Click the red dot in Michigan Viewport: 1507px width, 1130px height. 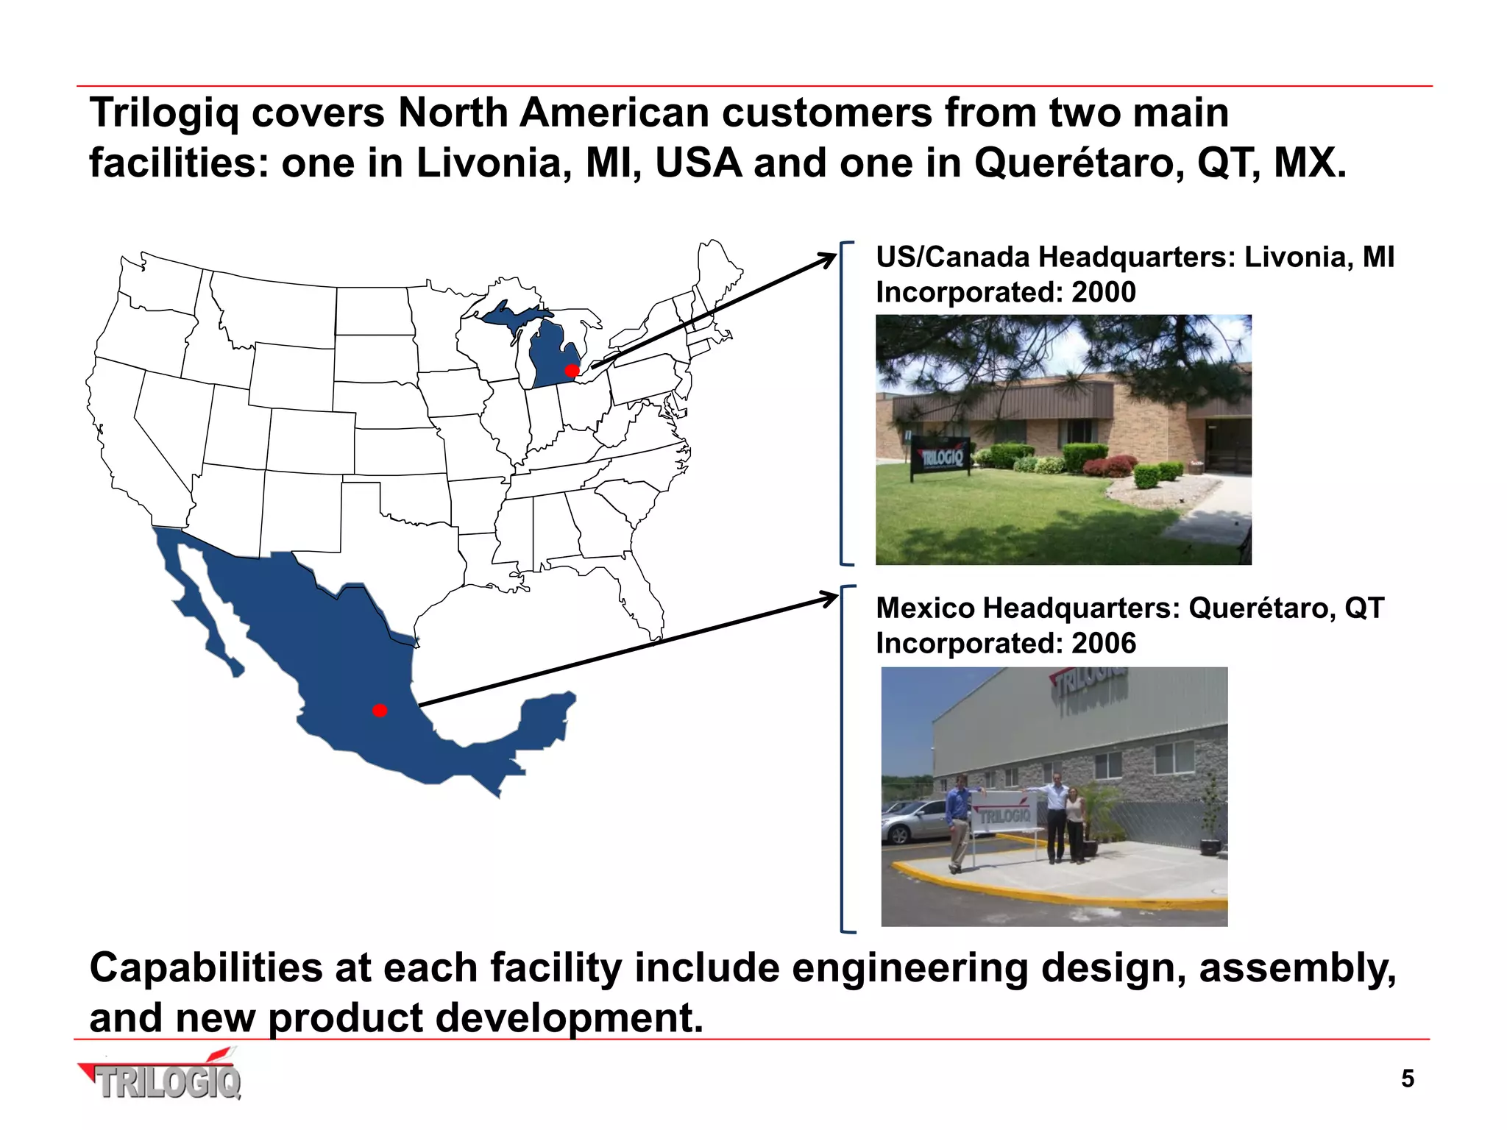pyautogui.click(x=572, y=370)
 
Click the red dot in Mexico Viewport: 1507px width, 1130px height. pyautogui.click(x=380, y=710)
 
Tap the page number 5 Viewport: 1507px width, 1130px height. pyautogui.click(x=1407, y=1079)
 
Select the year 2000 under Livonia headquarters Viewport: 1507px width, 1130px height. pyautogui.click(x=1103, y=292)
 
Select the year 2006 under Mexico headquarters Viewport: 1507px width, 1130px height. pyautogui.click(x=1103, y=643)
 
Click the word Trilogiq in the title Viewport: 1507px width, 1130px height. pyautogui.click(x=164, y=114)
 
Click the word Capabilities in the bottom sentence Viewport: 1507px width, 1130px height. pyautogui.click(x=206, y=967)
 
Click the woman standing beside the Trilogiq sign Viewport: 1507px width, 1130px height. pyautogui.click(x=1076, y=820)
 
